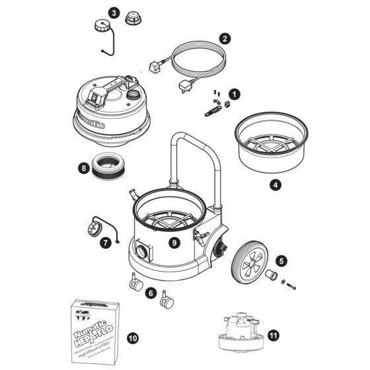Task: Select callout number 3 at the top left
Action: click(x=114, y=13)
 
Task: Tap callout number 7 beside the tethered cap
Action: click(x=105, y=242)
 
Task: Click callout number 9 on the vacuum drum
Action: click(x=174, y=242)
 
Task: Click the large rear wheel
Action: click(x=250, y=260)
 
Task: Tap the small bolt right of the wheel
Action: click(x=291, y=285)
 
